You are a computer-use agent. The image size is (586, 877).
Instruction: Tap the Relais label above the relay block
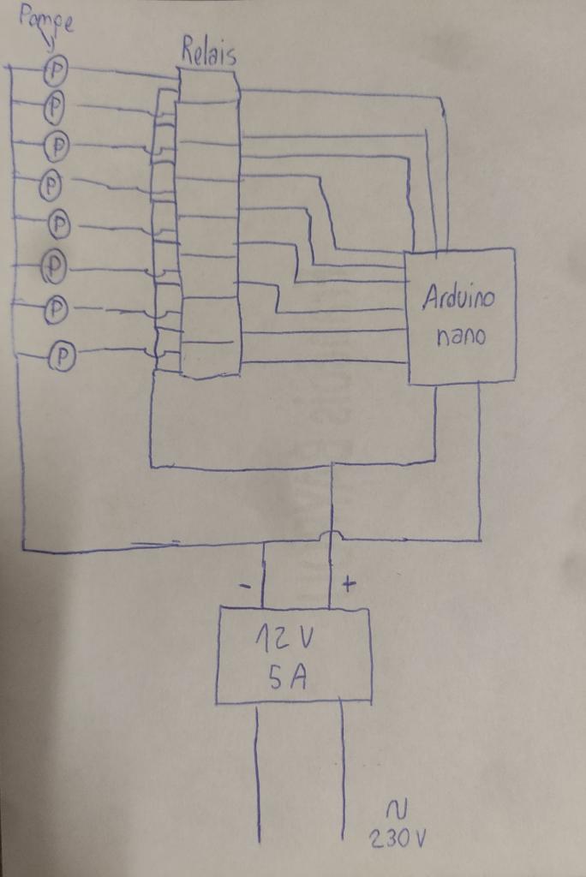click(208, 53)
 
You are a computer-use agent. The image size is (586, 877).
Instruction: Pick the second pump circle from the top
click(54, 106)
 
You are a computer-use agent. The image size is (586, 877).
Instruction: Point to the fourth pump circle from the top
click(52, 183)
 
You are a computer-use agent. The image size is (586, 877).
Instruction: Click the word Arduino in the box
click(458, 297)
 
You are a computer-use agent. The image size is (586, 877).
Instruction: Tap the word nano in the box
click(461, 336)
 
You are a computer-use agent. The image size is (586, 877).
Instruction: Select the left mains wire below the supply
click(258, 771)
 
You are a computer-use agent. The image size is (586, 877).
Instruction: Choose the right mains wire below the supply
click(343, 771)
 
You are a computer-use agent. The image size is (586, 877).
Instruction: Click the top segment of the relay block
click(207, 86)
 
